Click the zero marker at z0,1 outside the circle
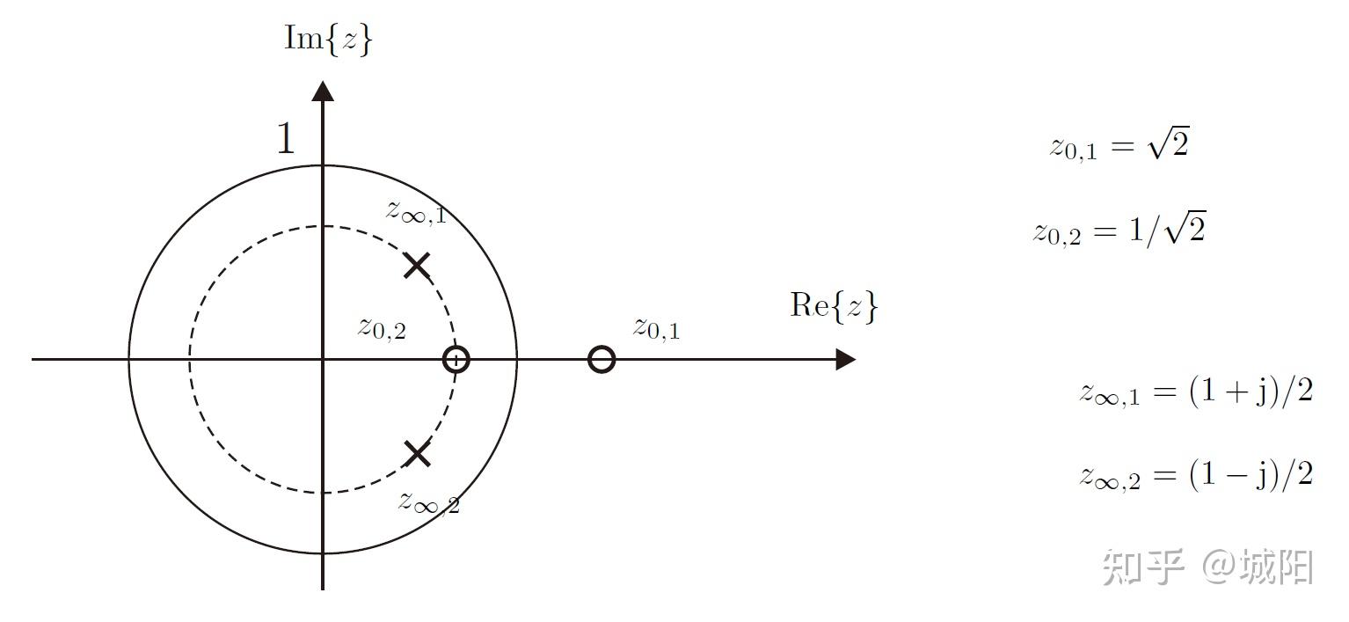tap(602, 360)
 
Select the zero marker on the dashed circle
tap(456, 360)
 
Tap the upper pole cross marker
tap(417, 265)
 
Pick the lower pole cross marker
tap(417, 454)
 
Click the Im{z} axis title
tap(328, 40)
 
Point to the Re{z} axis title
tap(834, 306)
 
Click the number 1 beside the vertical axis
tap(286, 139)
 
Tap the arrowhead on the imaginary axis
tap(324, 91)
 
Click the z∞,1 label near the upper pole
tap(416, 212)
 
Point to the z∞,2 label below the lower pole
tap(428, 502)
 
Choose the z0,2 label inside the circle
tap(382, 327)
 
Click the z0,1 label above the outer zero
tap(656, 328)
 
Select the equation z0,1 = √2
tap(1119, 146)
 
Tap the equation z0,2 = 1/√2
tap(1119, 231)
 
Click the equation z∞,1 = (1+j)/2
tap(1196, 391)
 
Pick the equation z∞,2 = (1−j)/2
tap(1196, 476)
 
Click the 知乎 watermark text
tap(1142, 567)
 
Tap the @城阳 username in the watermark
tap(1258, 567)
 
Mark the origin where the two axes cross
tap(324, 360)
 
